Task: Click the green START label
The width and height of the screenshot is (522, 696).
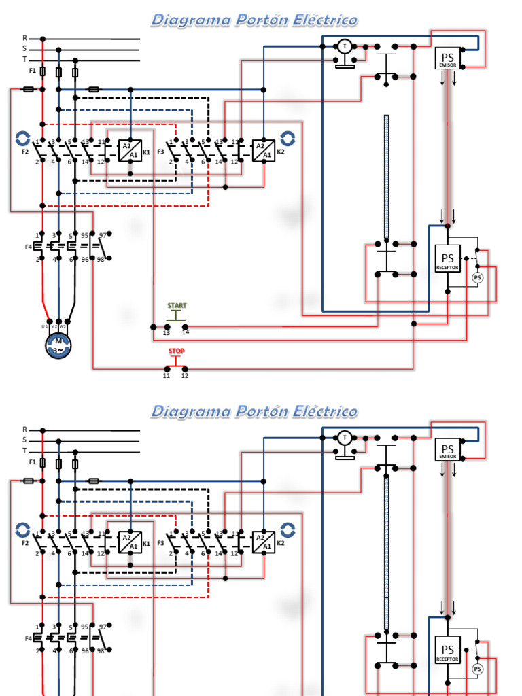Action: (177, 306)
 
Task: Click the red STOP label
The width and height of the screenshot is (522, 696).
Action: (177, 351)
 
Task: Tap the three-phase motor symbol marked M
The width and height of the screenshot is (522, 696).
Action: (58, 344)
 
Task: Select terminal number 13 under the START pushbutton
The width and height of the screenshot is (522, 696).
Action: (167, 333)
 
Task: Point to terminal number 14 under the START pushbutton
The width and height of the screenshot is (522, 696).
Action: (186, 333)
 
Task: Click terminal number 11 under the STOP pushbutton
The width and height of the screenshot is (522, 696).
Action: (167, 375)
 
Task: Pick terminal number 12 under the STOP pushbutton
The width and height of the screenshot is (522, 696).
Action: (185, 375)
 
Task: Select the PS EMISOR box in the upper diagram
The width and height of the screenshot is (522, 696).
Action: (447, 59)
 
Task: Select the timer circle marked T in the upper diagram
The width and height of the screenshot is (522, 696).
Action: (345, 46)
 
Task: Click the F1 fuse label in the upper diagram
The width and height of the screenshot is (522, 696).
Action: (32, 71)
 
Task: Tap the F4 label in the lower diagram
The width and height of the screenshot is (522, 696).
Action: (29, 638)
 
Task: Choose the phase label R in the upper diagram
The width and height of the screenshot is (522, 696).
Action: (25, 39)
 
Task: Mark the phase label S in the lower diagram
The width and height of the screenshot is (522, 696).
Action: (25, 440)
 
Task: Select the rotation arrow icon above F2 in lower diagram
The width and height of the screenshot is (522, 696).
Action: (22, 529)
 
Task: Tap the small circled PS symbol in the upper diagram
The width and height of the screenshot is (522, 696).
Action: (477, 277)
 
